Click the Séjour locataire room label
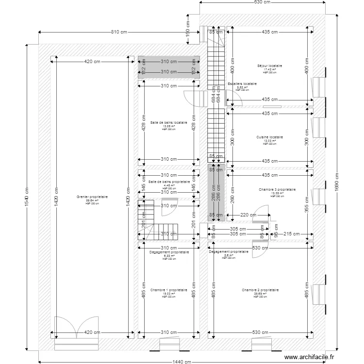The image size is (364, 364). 269,66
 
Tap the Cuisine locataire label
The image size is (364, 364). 269,137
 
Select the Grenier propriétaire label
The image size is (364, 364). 92,197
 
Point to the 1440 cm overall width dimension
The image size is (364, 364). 181,361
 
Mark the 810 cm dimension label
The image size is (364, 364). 118,33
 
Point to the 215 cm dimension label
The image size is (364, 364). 292,234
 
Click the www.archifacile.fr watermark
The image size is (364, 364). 309,357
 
